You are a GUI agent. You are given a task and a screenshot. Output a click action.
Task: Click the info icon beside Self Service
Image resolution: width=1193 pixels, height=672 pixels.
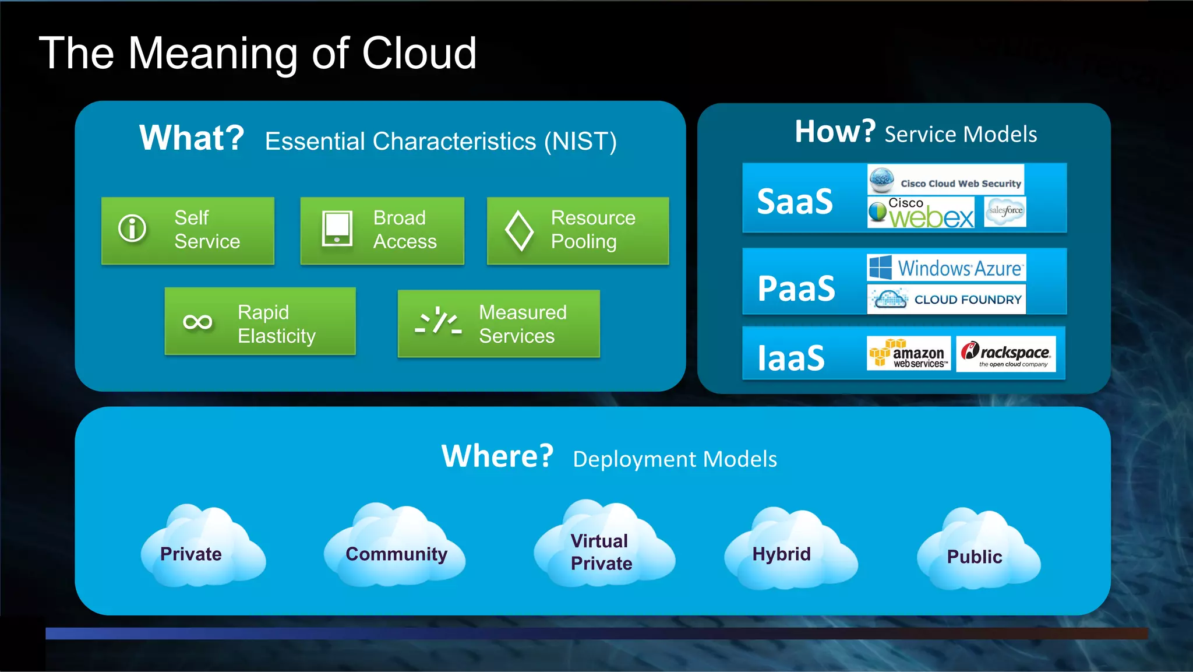132,228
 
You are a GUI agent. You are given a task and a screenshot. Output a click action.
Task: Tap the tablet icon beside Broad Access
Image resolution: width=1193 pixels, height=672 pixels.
337,228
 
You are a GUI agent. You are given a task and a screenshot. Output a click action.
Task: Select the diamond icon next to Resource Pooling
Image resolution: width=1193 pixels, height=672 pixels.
518,231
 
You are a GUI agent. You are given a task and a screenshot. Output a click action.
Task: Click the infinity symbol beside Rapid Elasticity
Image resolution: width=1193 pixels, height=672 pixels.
197,322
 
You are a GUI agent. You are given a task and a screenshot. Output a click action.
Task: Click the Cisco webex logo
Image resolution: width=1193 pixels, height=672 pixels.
920,212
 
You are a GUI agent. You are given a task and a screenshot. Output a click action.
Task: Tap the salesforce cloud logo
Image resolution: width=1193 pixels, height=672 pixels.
1005,211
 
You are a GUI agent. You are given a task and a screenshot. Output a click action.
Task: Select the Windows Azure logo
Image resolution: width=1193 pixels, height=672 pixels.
946,268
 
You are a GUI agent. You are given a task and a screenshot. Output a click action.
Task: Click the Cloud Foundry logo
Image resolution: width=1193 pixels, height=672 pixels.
946,300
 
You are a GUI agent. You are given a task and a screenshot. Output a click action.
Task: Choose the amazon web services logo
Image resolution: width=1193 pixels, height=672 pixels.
908,354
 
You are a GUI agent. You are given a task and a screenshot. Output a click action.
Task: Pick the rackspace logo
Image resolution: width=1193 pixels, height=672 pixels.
1006,354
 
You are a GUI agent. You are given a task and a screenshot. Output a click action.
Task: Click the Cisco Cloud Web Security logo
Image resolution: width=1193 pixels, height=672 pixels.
945,181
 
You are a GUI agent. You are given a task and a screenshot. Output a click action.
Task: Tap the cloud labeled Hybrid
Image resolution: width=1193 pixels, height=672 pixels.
789,551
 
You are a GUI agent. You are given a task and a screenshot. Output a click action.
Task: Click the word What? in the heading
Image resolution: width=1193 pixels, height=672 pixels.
192,138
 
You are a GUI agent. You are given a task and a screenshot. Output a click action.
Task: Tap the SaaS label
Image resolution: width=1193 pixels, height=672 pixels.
795,202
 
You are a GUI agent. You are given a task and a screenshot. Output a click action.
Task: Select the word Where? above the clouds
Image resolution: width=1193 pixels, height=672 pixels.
497,456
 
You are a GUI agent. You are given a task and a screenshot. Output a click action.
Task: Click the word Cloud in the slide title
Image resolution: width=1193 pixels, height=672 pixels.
419,54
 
